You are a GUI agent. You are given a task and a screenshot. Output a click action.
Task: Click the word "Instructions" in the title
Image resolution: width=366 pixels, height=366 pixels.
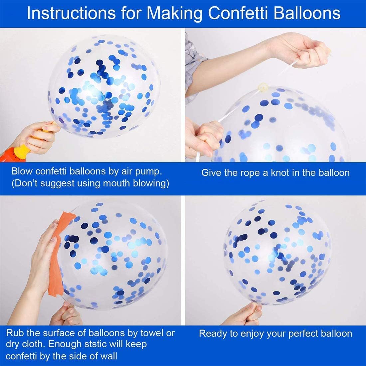click(x=71, y=13)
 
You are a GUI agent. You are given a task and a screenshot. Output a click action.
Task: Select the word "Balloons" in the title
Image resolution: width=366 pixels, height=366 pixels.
click(x=307, y=13)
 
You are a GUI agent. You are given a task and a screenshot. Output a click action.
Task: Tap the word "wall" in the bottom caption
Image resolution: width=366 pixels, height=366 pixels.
click(x=109, y=356)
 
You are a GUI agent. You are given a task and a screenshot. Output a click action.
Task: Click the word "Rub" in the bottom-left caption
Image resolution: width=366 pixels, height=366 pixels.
click(x=15, y=333)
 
